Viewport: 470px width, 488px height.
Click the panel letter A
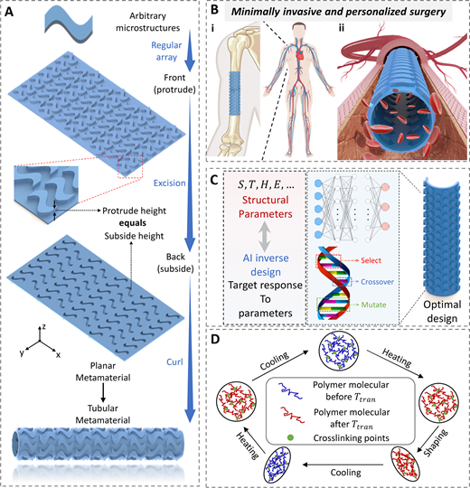[9, 12]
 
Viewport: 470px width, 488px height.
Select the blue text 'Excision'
[169, 183]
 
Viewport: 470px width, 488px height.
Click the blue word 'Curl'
[174, 362]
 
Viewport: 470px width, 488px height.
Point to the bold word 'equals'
[132, 223]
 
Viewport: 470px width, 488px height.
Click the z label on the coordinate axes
[44, 327]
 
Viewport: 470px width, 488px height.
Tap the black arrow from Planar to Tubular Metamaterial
[103, 392]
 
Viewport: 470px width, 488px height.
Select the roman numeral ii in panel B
[341, 28]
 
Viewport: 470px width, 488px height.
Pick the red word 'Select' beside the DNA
[371, 260]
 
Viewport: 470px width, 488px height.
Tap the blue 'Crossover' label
[377, 282]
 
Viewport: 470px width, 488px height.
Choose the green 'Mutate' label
[373, 305]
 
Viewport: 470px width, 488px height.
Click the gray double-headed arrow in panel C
[265, 236]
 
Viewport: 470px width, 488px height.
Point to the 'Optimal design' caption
[442, 311]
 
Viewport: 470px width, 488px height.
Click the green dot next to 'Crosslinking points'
[290, 437]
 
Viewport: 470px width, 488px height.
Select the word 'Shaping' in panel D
[437, 443]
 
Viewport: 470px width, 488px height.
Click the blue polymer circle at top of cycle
[339, 351]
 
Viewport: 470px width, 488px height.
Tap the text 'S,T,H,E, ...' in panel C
[266, 185]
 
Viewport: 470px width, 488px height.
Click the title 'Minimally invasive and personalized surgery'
[338, 12]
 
